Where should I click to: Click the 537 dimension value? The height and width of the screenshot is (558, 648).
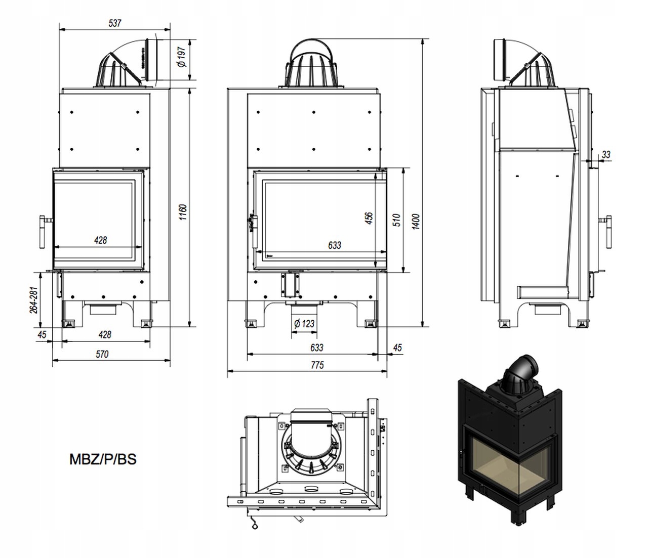pos(115,23)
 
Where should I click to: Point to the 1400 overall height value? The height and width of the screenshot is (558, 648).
pos(416,220)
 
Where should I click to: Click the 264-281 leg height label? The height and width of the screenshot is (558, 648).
pos(33,300)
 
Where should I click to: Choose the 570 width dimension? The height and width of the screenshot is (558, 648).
pos(102,354)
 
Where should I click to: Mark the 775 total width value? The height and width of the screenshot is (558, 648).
pos(317,365)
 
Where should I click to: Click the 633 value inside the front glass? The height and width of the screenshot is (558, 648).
pos(334,245)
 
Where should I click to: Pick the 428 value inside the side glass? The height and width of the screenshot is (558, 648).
pos(101,240)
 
